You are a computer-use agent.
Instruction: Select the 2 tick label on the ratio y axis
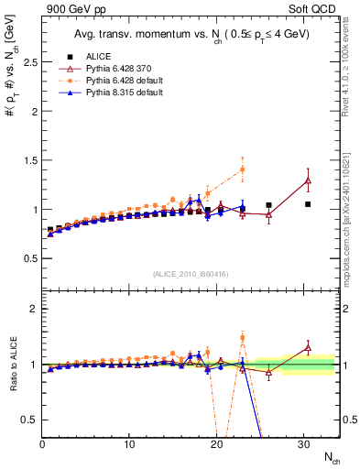click(x=32, y=309)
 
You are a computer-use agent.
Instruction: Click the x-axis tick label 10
click(x=129, y=444)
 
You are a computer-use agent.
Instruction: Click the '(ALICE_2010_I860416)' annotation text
click(x=191, y=274)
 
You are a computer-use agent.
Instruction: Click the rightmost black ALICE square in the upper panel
click(x=308, y=204)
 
